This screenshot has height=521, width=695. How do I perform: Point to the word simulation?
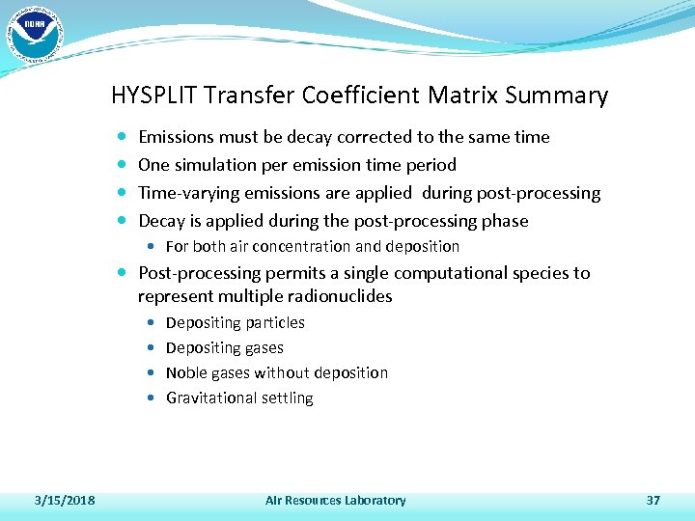tap(214, 165)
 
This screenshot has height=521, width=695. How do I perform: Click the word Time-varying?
tap(187, 193)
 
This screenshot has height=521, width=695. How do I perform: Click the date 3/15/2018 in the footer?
tap(64, 500)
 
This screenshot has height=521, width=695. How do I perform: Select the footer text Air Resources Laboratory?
tap(335, 500)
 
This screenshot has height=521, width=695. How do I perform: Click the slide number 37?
tap(653, 500)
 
